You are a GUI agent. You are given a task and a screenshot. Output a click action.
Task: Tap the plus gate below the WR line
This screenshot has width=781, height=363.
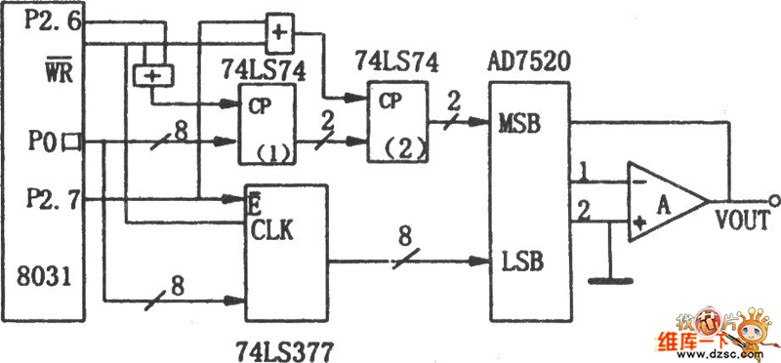click(152, 76)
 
